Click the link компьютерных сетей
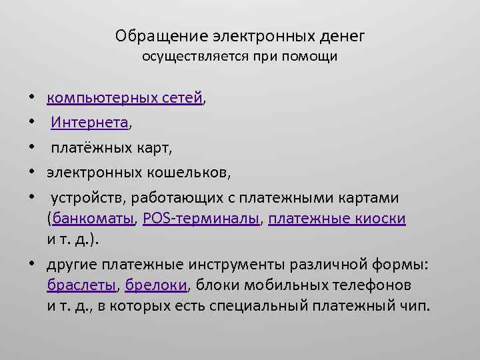tap(124, 99)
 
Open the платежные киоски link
tap(337, 218)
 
